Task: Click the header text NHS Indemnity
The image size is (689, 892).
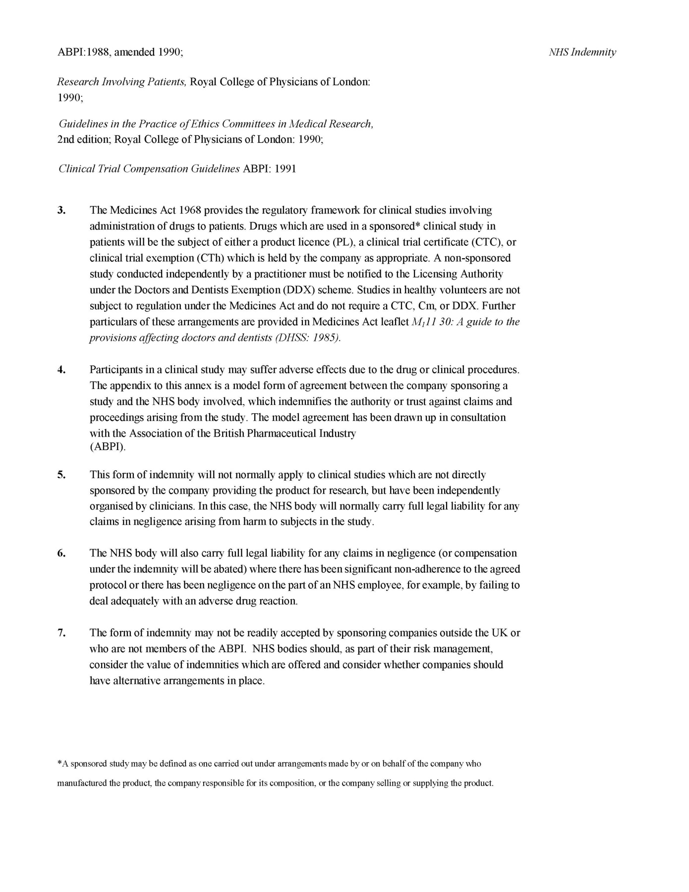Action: [582, 52]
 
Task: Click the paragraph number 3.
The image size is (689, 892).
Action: [61, 210]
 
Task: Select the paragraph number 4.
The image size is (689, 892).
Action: [61, 370]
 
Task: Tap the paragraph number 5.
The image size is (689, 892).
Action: [61, 475]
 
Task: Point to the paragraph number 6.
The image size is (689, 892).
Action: [61, 553]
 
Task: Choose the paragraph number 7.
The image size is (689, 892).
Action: [61, 633]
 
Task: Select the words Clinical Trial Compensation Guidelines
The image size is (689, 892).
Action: [149, 168]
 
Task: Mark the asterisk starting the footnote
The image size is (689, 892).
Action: [59, 764]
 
